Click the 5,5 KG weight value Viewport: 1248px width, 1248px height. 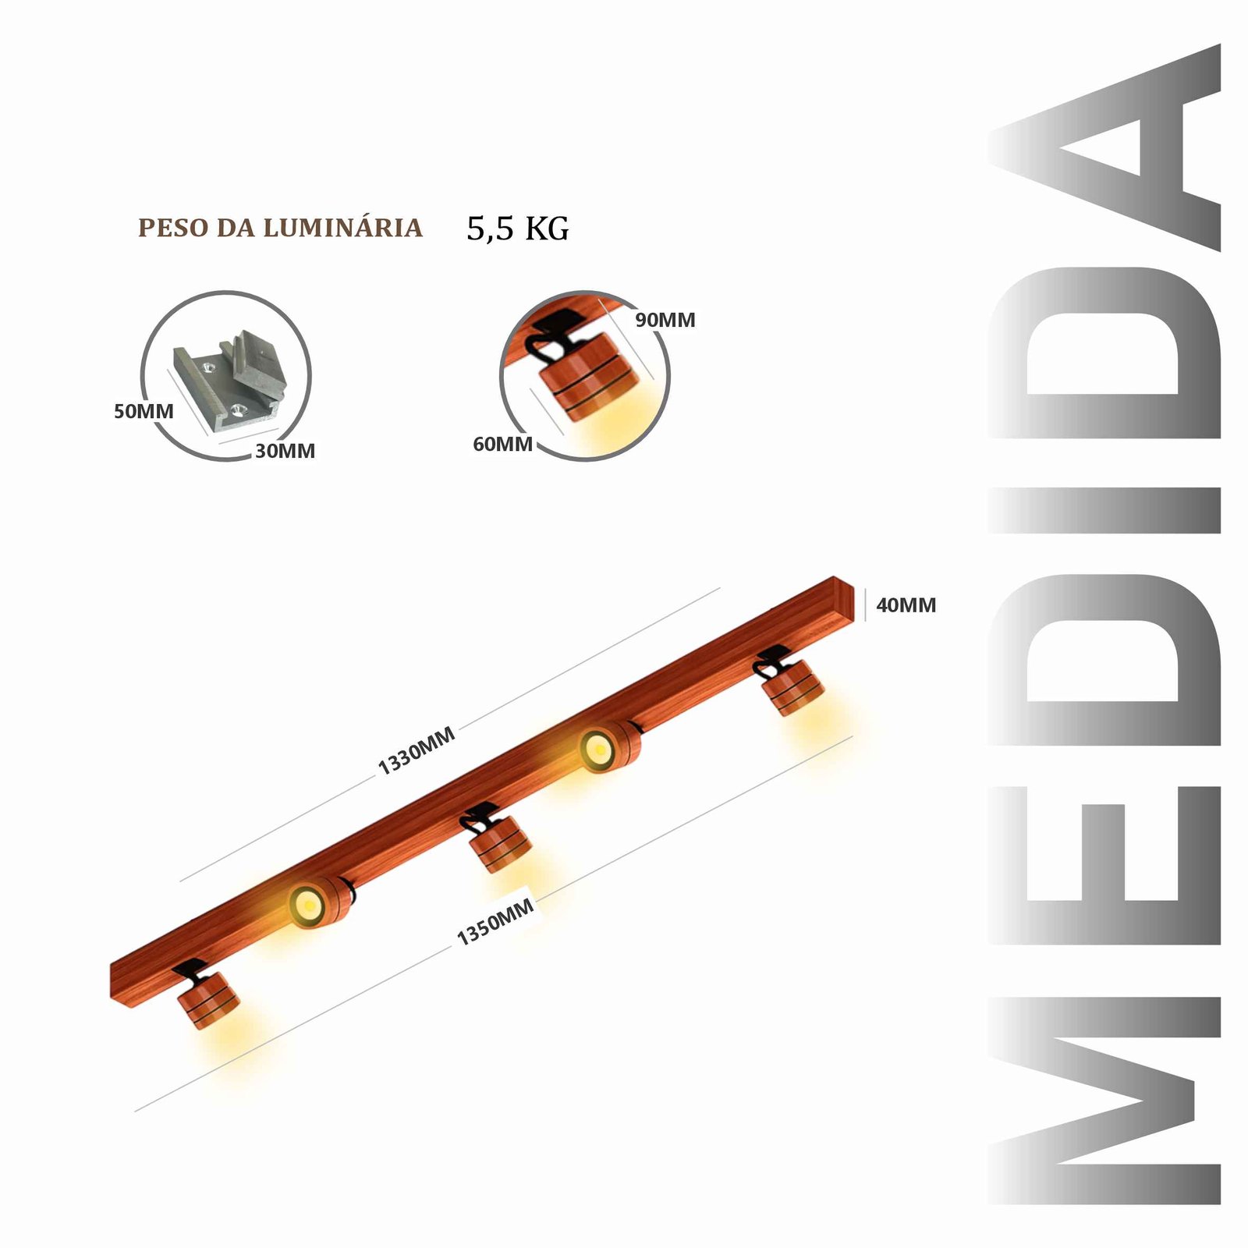click(518, 229)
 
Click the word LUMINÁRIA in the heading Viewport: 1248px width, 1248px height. click(342, 228)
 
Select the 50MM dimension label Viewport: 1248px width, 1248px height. click(144, 411)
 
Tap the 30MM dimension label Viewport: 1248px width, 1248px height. click(285, 451)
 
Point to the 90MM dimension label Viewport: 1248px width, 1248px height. click(665, 320)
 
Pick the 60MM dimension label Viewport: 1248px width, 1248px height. click(503, 444)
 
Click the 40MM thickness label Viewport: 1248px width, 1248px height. click(906, 605)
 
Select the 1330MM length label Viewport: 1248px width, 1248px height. click(417, 750)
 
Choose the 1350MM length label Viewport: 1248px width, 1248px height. click(495, 921)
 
